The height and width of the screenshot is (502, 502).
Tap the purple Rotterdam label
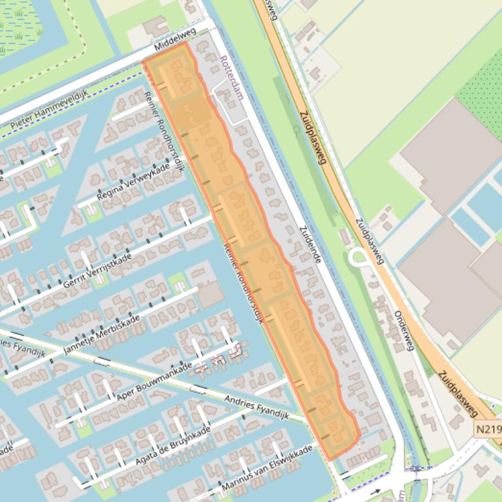tap(232, 77)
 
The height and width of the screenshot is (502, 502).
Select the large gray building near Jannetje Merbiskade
tap(210, 295)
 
